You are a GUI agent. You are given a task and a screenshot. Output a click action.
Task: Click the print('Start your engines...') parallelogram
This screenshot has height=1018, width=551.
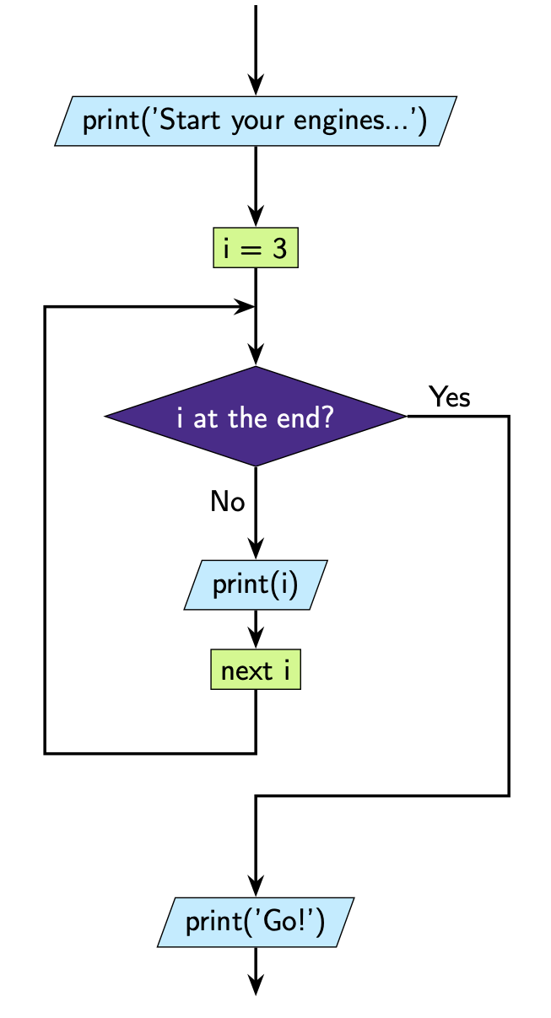tap(255, 121)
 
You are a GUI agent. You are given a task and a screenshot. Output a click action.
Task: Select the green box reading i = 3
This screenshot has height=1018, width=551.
tap(256, 250)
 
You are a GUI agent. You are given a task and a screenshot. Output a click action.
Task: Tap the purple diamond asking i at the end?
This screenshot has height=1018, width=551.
tap(255, 417)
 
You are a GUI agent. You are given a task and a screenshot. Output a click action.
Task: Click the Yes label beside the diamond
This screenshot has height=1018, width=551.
tap(449, 396)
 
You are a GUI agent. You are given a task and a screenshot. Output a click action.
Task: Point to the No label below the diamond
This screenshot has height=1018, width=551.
tap(227, 502)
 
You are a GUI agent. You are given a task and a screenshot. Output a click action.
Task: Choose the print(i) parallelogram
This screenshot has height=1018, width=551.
tap(255, 584)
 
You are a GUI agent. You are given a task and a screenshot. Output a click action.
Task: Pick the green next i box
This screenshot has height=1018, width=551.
tap(255, 671)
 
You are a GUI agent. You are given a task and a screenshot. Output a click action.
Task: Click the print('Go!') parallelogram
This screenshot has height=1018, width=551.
tap(255, 921)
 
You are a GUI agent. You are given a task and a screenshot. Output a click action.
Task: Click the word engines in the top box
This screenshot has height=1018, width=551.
tap(338, 121)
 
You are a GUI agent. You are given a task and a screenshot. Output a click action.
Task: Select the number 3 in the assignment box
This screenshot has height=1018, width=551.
tap(279, 250)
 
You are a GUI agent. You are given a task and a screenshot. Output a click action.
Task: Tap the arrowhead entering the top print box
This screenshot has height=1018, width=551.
tap(256, 85)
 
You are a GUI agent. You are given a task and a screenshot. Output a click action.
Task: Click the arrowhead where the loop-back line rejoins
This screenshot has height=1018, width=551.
tap(245, 307)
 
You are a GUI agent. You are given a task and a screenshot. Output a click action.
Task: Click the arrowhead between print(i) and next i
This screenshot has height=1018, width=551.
tap(256, 638)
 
